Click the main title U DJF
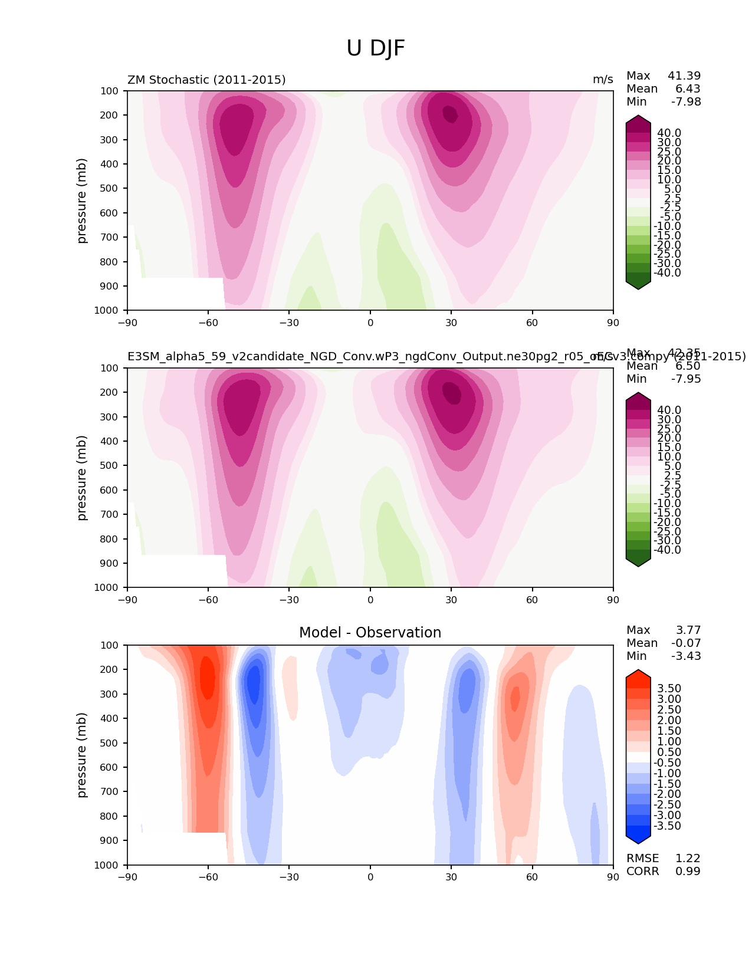(376, 48)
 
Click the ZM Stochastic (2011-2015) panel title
(206, 80)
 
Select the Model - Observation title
(370, 633)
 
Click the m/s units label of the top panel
(603, 80)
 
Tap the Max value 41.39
(684, 76)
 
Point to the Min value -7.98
(686, 102)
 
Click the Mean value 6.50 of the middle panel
(688, 366)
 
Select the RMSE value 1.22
(688, 859)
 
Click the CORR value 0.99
(688, 872)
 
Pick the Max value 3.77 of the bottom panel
(688, 630)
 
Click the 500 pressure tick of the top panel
(110, 189)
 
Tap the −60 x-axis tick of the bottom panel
(208, 877)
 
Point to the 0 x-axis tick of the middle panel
(370, 600)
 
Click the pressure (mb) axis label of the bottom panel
(82, 755)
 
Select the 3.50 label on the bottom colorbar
(669, 689)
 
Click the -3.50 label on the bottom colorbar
(668, 826)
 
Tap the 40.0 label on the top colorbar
(669, 133)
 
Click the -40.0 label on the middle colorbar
(668, 550)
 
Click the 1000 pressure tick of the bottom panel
(107, 865)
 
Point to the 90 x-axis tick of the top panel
(613, 323)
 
